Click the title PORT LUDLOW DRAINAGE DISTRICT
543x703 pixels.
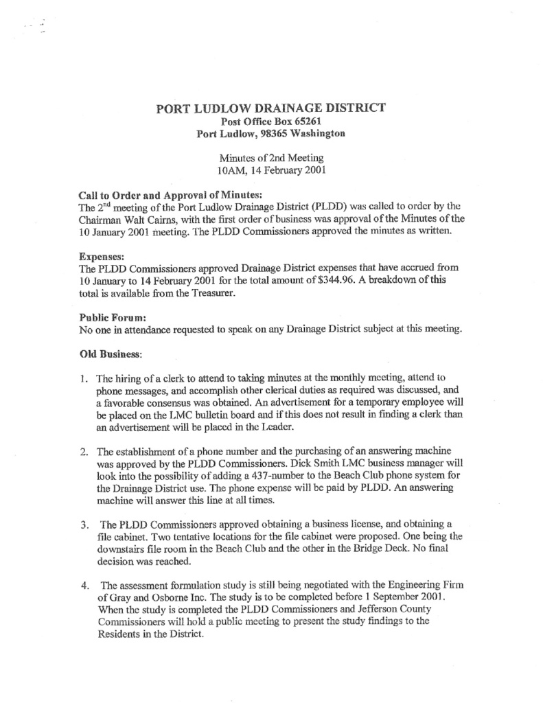coord(271,108)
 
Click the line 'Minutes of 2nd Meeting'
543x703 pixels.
coord(270,157)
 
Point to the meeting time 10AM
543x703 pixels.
coord(231,170)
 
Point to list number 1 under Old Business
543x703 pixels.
coord(82,378)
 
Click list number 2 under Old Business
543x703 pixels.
coord(82,451)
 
